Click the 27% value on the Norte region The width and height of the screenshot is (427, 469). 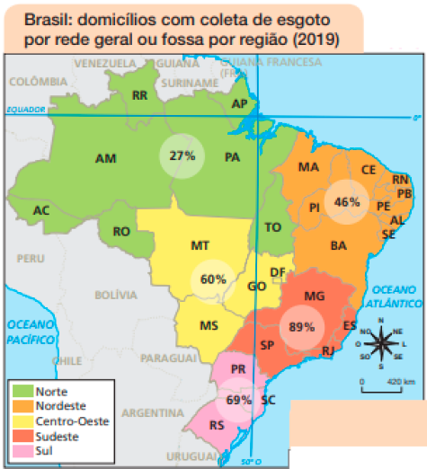182,155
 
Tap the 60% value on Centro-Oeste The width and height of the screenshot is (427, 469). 213,279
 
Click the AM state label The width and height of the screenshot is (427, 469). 105,158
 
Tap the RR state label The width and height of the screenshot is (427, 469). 139,95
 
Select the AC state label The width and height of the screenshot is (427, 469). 40,210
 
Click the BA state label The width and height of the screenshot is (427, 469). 339,244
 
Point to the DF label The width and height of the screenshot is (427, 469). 278,272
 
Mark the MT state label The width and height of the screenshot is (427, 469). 200,245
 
